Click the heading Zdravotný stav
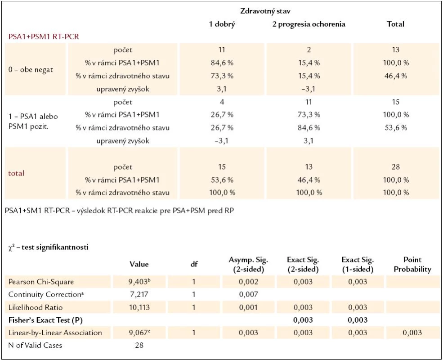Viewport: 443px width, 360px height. click(265, 11)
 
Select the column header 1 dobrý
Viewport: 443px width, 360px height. click(222, 24)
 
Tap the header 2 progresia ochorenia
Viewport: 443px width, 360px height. click(309, 24)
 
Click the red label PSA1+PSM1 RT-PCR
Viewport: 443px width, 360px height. click(44, 37)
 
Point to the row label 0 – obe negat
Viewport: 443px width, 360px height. click(31, 69)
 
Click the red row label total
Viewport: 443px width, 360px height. click(16, 173)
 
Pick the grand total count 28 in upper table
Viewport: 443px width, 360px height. click(395, 166)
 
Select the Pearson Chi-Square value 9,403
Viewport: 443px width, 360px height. click(139, 282)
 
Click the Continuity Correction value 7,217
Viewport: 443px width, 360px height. click(139, 294)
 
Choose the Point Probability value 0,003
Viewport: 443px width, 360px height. click(412, 333)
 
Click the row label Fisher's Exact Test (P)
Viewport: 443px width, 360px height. click(45, 320)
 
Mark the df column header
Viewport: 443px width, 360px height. click(194, 264)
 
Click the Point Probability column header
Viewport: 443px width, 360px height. click(412, 265)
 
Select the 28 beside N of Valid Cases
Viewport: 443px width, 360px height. click(139, 345)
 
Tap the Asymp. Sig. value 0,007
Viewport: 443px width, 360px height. click(248, 294)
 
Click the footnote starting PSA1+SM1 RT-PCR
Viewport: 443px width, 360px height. click(120, 211)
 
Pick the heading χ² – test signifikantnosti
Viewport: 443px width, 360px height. click(48, 247)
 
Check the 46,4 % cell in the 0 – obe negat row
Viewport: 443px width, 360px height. click(395, 76)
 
